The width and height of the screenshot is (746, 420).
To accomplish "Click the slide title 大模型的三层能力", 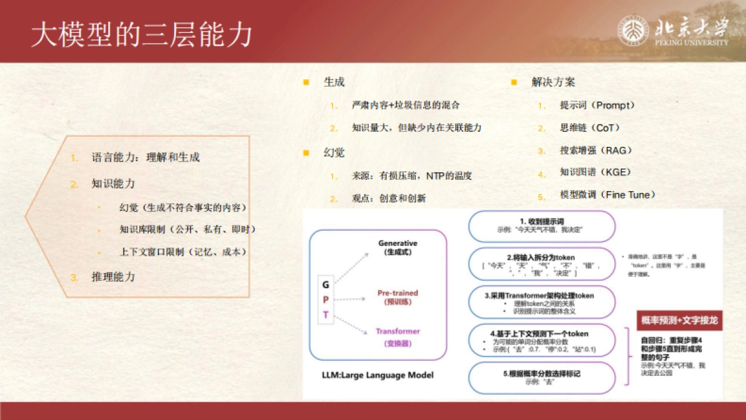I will (x=142, y=35).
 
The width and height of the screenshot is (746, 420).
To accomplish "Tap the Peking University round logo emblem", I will (x=633, y=30).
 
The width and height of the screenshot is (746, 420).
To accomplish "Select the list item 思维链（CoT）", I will (x=590, y=128).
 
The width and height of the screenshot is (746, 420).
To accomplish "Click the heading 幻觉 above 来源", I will (x=334, y=152).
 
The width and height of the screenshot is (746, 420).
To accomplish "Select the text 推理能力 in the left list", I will (x=113, y=276).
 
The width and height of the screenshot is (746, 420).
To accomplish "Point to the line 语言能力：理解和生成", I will (x=145, y=157).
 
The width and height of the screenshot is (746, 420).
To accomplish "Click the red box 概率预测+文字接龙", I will (x=679, y=320).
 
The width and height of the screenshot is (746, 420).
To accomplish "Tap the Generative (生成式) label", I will (x=398, y=247).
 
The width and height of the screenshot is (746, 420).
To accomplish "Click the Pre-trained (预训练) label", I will (x=398, y=297).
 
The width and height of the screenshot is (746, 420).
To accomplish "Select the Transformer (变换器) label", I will (x=398, y=337).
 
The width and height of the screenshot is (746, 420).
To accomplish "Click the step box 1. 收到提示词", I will (x=541, y=226).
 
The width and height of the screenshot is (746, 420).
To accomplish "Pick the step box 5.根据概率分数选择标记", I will (x=541, y=377).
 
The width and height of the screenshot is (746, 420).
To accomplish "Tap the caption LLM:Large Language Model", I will (x=377, y=375).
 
